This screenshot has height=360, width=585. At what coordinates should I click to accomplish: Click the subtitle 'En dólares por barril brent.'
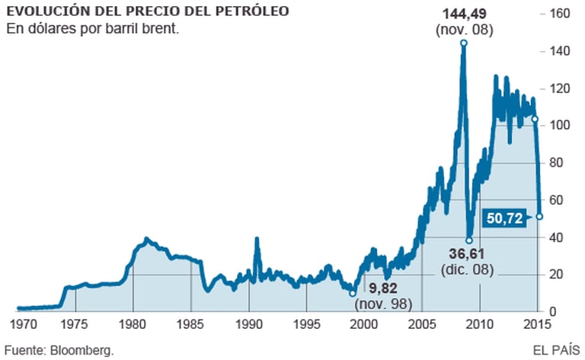92,30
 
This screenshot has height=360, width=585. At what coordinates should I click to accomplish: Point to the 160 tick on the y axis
561,14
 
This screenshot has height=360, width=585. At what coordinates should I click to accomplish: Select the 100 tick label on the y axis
561,126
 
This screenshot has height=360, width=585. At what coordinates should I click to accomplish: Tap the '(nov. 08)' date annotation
465,30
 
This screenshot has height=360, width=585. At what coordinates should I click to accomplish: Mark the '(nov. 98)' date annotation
383,304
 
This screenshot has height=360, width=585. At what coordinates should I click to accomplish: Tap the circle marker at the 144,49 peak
464,43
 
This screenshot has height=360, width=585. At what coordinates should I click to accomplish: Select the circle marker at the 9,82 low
353,293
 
